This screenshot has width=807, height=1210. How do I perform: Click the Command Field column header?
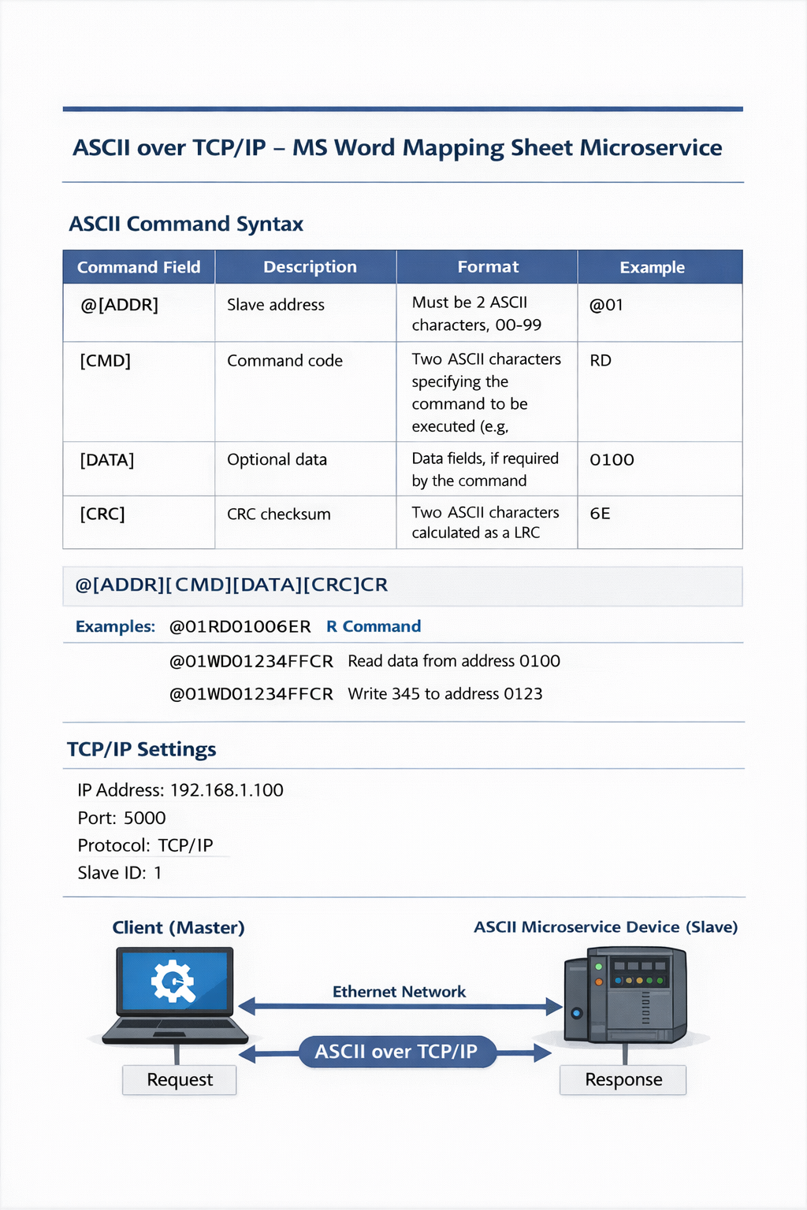click(139, 267)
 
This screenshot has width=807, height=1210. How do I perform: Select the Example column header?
click(652, 267)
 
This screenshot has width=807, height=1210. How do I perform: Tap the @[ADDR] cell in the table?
click(119, 305)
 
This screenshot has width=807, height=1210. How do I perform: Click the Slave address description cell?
click(276, 305)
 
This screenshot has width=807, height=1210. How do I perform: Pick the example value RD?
click(601, 361)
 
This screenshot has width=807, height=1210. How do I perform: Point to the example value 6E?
click(600, 514)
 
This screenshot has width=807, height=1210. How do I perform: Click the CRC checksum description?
click(279, 514)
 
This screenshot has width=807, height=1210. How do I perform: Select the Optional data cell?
click(277, 460)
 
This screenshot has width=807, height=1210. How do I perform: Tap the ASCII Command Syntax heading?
click(186, 225)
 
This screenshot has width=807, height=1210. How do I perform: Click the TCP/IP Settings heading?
click(142, 749)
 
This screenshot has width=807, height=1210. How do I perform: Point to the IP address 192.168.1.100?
click(227, 790)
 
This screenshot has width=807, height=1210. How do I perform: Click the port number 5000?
click(145, 818)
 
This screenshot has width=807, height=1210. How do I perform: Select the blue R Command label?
click(374, 626)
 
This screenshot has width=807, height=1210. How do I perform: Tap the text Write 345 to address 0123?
click(445, 694)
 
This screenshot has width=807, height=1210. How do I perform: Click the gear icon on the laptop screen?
click(173, 982)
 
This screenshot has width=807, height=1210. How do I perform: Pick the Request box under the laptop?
click(180, 1080)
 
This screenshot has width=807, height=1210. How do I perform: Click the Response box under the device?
click(623, 1080)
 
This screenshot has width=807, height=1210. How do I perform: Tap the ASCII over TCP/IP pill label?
click(396, 1052)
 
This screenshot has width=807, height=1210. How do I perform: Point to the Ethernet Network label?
click(399, 992)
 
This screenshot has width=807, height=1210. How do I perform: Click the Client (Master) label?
click(178, 928)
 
